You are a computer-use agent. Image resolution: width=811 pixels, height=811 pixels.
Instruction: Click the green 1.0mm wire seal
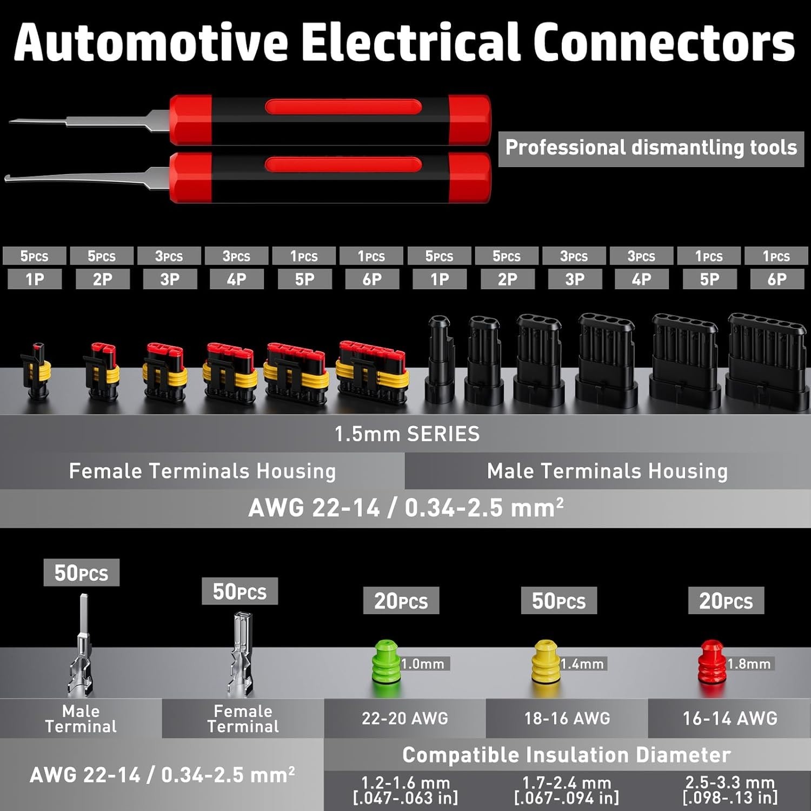click(x=386, y=663)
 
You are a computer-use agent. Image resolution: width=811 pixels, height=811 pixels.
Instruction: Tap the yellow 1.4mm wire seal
click(x=546, y=662)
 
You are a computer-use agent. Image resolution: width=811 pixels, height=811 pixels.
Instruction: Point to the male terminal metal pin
click(x=81, y=649)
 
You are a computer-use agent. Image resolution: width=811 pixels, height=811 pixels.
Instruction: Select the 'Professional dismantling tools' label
click(x=650, y=148)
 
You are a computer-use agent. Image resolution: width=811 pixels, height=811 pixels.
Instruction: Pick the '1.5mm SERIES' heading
click(x=407, y=434)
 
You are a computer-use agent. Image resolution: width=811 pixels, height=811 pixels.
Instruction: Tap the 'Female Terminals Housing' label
click(x=202, y=471)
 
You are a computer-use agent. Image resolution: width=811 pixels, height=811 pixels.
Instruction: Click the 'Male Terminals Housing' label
click(x=607, y=471)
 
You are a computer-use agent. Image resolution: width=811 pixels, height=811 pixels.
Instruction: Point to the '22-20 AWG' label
click(x=405, y=718)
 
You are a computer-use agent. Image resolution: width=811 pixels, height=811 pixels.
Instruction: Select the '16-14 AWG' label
click(x=729, y=718)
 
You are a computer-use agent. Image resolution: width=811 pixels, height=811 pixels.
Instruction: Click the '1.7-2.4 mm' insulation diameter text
click(x=566, y=782)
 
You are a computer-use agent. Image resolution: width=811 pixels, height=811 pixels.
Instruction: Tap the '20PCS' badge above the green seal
click(x=401, y=601)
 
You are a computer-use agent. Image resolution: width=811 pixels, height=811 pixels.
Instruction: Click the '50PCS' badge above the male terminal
click(x=81, y=573)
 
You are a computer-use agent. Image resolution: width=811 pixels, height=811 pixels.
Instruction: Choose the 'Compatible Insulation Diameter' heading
click(x=566, y=755)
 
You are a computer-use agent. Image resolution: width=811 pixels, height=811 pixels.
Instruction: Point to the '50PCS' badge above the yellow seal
click(x=559, y=601)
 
